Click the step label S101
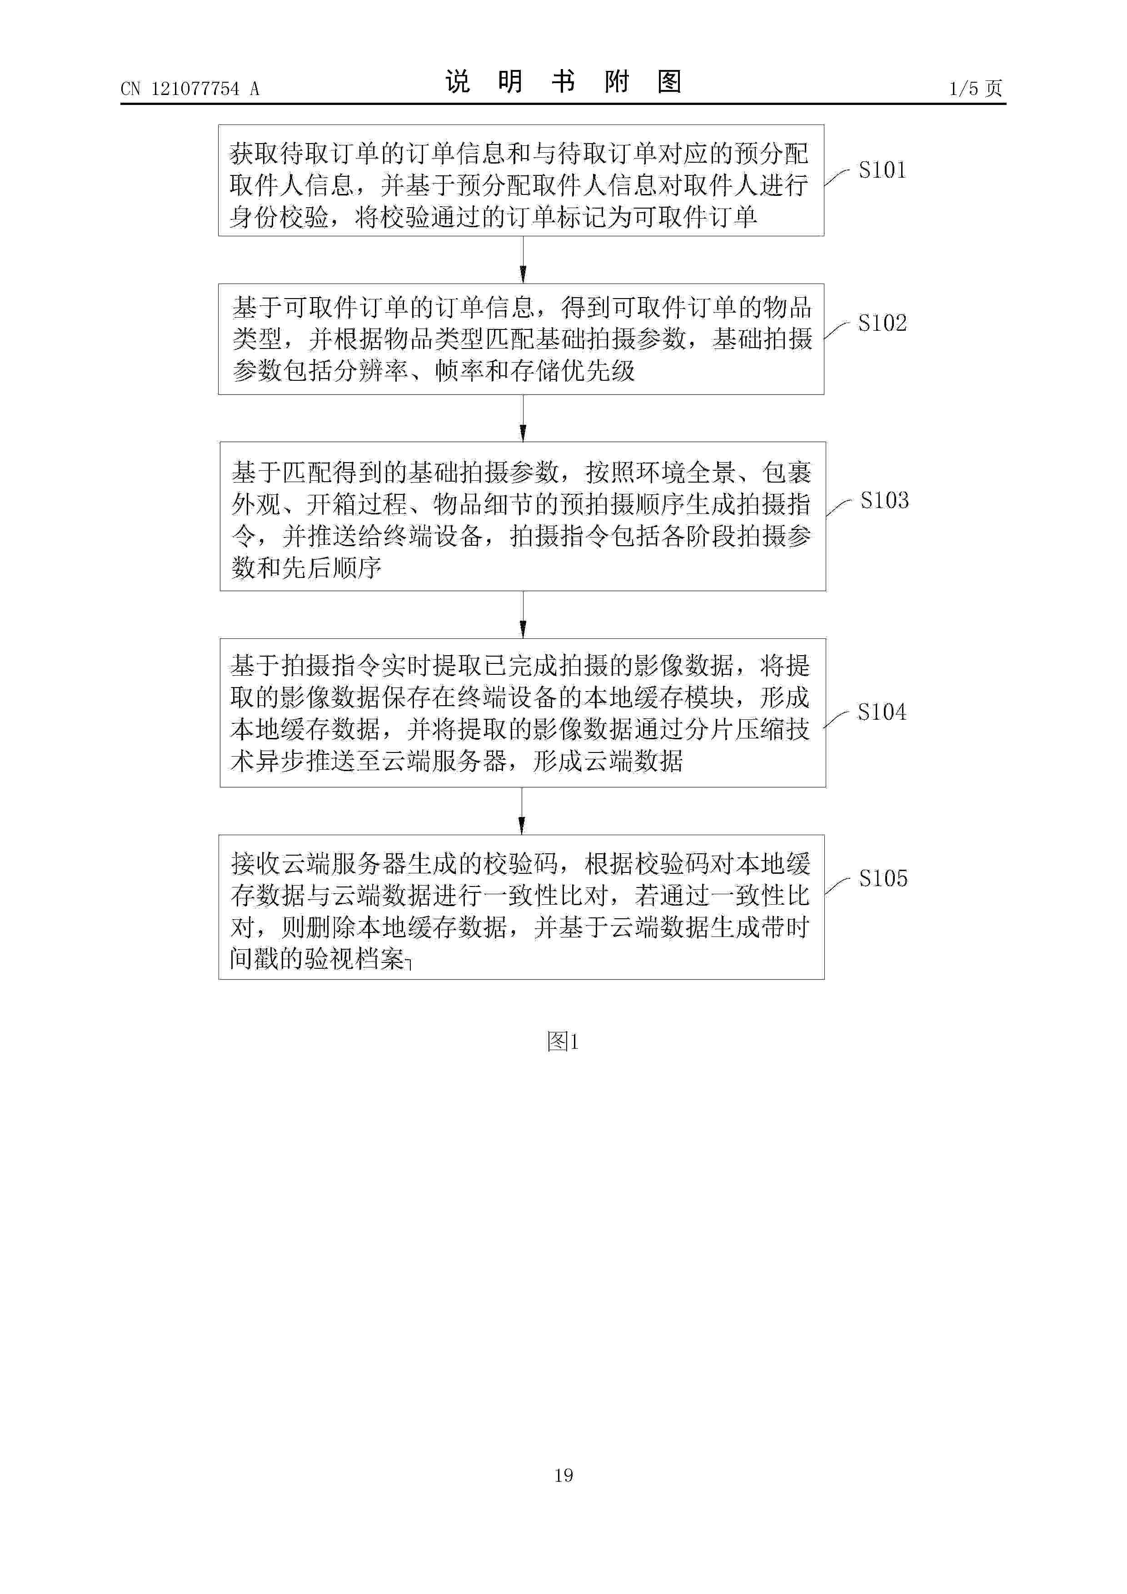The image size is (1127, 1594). (882, 170)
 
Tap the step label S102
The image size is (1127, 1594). (882, 323)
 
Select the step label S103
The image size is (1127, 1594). (884, 501)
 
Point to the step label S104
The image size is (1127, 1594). (882, 712)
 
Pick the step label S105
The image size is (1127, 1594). (883, 878)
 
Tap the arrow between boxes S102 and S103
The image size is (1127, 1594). (523, 418)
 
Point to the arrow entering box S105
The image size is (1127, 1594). (522, 811)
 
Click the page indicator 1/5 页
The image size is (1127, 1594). (976, 88)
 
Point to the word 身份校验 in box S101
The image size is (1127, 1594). (279, 217)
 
